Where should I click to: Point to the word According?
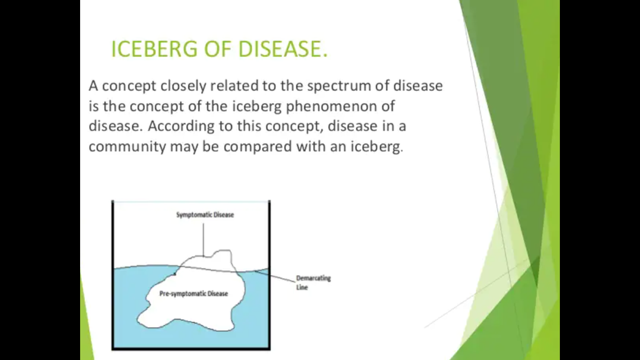point(181,127)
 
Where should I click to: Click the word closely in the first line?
point(183,86)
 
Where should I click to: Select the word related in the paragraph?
point(234,85)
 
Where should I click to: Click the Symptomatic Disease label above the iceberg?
point(205,215)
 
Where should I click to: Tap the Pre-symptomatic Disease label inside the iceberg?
point(193,293)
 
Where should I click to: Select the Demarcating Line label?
point(313,283)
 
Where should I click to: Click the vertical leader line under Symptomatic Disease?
point(203,240)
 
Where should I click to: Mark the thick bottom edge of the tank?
point(191,348)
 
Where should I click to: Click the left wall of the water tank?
point(113,275)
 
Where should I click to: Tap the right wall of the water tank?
point(269,275)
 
